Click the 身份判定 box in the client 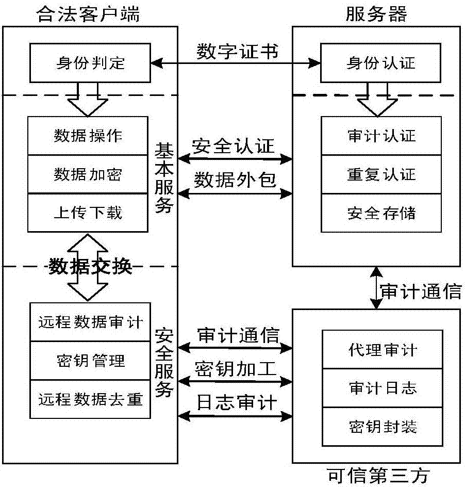coord(90,63)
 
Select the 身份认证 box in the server coord(381,63)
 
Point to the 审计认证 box coord(381,136)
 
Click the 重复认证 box coord(381,174)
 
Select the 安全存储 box coord(381,212)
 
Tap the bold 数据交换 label coord(90,267)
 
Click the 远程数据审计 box coord(90,322)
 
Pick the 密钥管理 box coord(90,360)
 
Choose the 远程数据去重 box coord(90,399)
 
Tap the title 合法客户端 coord(89,13)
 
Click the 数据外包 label coord(235,180)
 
